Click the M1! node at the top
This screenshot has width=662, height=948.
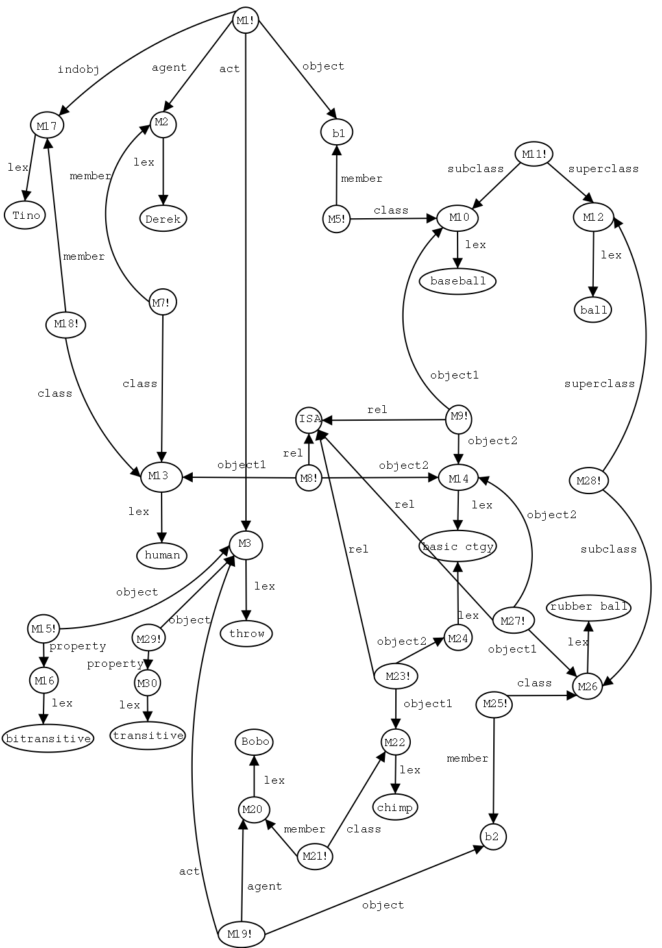(246, 21)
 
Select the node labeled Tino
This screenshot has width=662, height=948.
(25, 216)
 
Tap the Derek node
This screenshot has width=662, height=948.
(163, 219)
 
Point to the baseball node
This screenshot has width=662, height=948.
(458, 281)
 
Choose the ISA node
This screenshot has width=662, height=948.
(310, 419)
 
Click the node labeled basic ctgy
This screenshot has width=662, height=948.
(458, 547)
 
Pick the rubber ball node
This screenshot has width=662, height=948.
(589, 606)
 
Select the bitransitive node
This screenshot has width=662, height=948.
(47, 738)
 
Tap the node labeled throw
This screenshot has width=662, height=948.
(247, 633)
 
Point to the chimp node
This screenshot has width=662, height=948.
(395, 808)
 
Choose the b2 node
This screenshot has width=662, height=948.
(493, 836)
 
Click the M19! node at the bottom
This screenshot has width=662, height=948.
(241, 935)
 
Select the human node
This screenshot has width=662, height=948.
(162, 555)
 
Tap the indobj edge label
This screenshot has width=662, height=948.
(79, 70)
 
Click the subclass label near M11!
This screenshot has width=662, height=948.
(475, 169)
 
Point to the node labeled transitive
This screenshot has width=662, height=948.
(148, 736)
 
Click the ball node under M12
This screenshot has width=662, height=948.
(593, 310)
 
